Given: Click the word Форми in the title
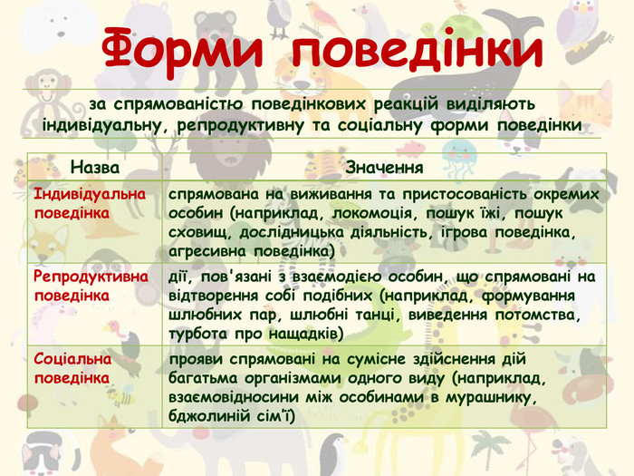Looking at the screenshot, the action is click(x=182, y=49).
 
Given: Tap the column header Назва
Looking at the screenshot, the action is click(x=94, y=167).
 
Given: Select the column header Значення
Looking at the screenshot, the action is click(x=385, y=167).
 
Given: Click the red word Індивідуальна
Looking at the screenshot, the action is click(x=90, y=194).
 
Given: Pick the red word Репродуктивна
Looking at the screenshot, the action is click(x=91, y=277).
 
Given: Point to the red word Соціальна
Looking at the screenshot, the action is click(x=72, y=359).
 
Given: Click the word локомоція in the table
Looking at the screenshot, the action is click(x=374, y=213).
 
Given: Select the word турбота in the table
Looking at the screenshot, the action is click(x=197, y=335).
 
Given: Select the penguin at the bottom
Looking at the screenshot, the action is click(x=333, y=454).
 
